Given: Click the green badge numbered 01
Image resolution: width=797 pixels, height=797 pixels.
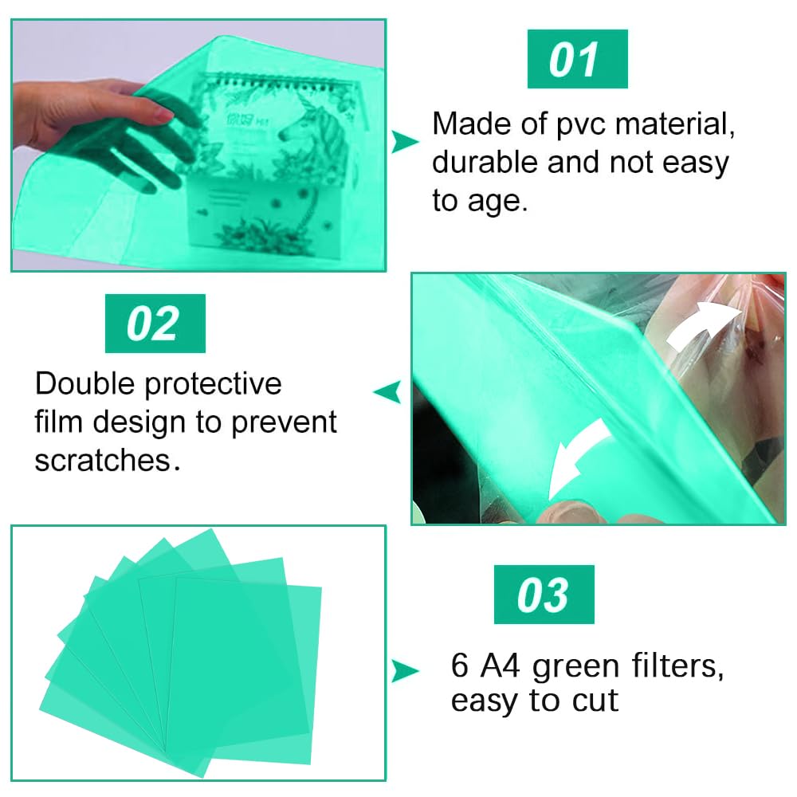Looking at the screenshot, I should click(x=577, y=59).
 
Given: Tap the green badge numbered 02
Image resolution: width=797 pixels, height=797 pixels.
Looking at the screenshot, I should click(x=155, y=324).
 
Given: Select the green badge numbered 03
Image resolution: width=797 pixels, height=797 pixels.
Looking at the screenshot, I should click(x=544, y=595).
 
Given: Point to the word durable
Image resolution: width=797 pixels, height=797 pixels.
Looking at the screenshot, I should click(x=485, y=163).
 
